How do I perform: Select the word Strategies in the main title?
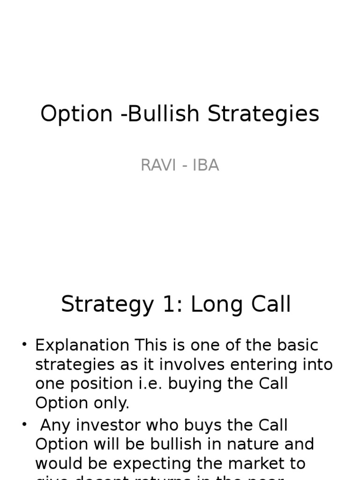(263, 114)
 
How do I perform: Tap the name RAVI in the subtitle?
(157, 165)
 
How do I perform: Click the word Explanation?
(82, 345)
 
